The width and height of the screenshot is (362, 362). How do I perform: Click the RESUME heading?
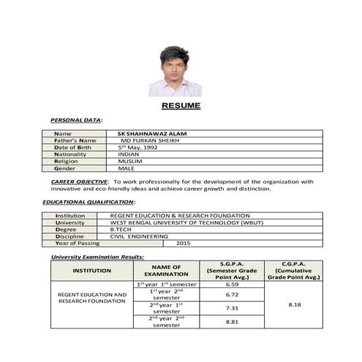[181, 106]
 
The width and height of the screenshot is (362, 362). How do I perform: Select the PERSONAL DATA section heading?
[76, 119]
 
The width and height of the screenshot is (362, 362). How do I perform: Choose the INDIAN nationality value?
[128, 155]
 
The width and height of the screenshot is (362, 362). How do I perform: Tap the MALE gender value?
[126, 168]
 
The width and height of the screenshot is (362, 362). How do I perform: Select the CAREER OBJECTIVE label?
[80, 181]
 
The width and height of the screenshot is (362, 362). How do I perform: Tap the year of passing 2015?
[182, 244]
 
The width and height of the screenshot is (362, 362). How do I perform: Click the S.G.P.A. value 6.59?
[233, 284]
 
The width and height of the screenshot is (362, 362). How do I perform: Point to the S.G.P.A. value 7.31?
[233, 309]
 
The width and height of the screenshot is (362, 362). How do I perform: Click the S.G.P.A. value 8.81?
[233, 322]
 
